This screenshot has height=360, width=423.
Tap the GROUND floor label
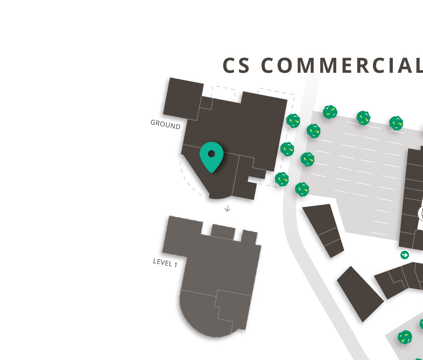tap(165, 124)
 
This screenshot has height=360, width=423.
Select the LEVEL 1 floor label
tap(165, 263)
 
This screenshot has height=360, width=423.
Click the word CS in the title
tap(236, 65)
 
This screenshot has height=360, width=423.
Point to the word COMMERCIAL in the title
tap(342, 65)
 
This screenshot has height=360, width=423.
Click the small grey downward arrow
tap(227, 209)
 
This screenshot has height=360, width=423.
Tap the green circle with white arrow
tap(405, 255)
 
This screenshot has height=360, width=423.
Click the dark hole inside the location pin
tap(211, 153)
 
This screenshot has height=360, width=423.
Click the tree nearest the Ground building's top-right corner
tap(293, 121)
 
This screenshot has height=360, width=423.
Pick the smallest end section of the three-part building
tap(334, 248)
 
